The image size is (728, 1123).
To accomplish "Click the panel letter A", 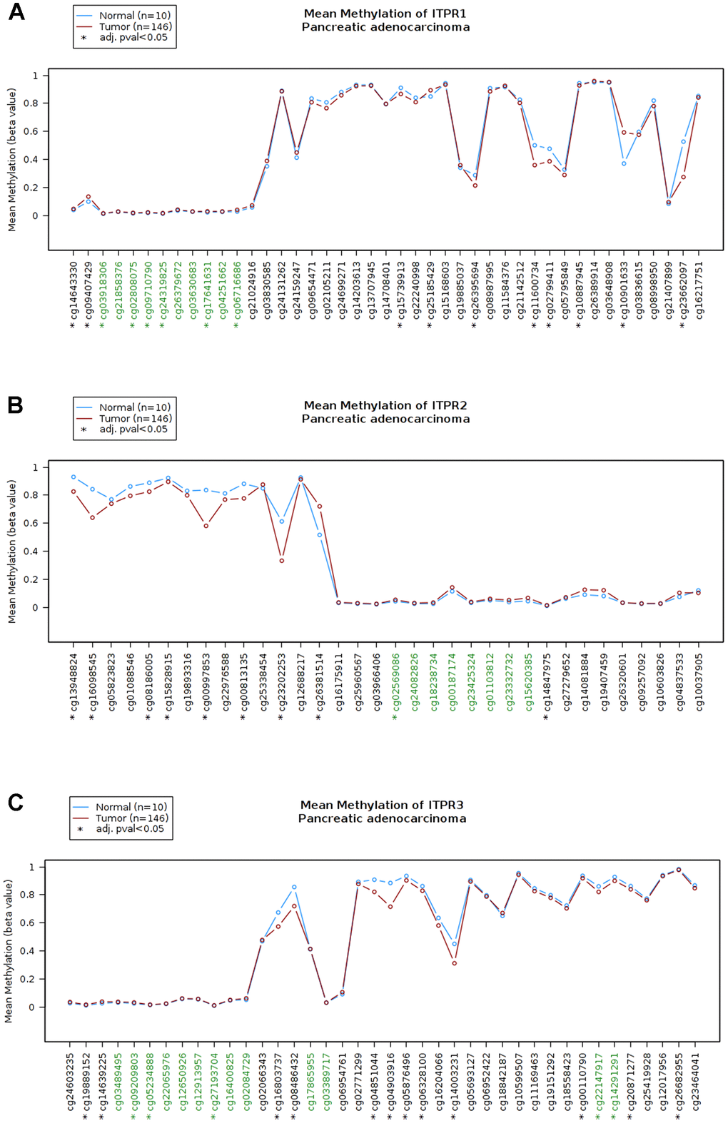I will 16,12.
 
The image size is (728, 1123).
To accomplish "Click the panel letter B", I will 15,405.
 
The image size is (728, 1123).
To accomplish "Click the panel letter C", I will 15,803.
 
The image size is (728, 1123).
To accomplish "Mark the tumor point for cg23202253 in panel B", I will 282,561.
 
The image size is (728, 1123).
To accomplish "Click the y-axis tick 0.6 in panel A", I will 35,131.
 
